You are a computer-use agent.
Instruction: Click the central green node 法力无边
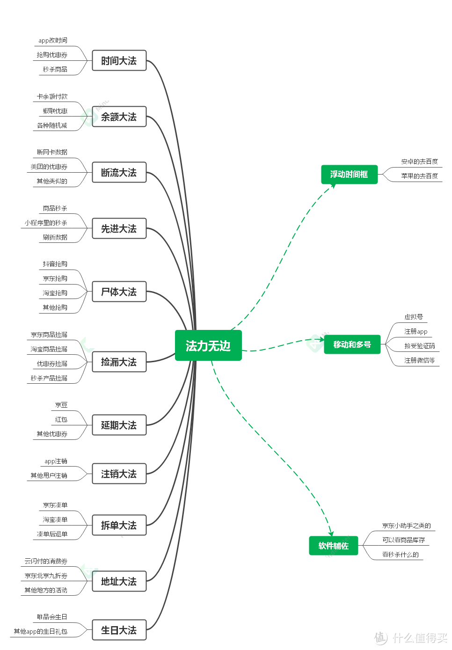pos(208,345)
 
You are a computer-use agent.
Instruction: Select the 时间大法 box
pos(119,60)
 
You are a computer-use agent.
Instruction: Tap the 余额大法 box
pos(119,117)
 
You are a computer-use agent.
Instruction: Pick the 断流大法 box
pos(119,172)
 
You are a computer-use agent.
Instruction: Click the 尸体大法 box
pos(119,292)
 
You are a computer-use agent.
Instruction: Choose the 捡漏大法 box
pos(119,362)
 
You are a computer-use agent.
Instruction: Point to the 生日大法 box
pos(119,630)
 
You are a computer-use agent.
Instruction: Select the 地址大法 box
pos(119,581)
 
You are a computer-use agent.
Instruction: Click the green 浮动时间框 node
pos(349,174)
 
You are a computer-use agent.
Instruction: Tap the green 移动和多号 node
pos(352,344)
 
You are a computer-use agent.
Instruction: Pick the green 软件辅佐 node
pos(333,546)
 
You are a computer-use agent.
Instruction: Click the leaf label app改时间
pos(53,40)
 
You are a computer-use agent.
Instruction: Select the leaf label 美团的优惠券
pos(49,167)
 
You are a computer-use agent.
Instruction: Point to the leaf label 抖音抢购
pos(55,264)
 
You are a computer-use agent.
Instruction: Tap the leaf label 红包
pos(61,419)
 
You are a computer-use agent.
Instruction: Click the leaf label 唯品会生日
pos(52,617)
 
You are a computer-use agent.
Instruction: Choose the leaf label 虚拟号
pos(414,317)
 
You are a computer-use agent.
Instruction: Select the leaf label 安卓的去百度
pos(419,161)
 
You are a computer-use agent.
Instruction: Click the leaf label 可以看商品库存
pos(403,540)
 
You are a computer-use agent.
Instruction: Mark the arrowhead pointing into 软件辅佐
pos(331,533)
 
